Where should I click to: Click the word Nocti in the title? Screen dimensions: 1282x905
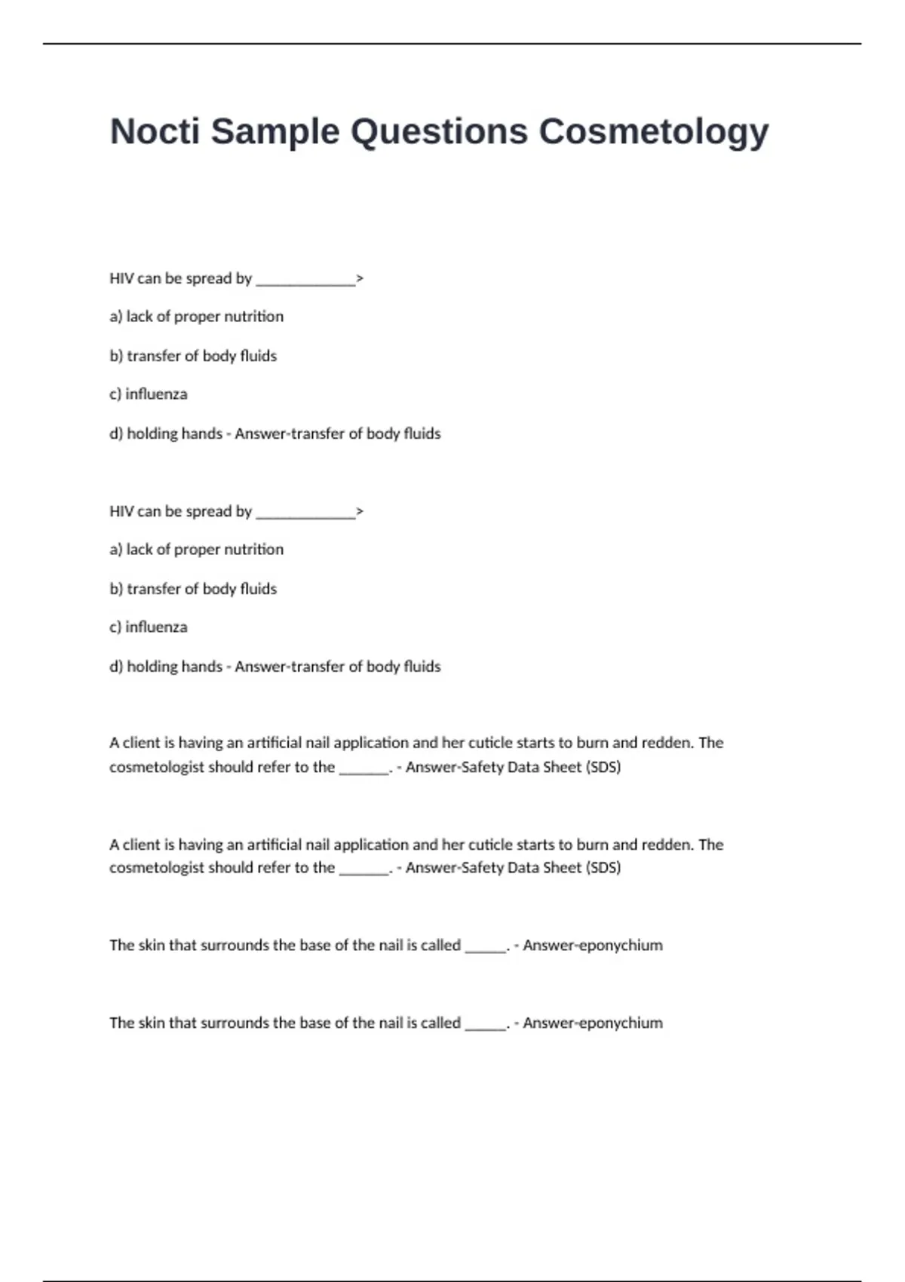click(155, 131)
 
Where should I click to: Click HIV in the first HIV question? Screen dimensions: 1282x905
click(121, 278)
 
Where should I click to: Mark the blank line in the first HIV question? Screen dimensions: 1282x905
click(305, 282)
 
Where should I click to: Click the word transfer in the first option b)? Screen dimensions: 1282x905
click(154, 356)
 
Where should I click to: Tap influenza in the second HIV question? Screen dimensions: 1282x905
click(156, 627)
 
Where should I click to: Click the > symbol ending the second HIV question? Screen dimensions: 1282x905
click(360, 511)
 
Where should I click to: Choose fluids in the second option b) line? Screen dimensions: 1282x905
click(258, 589)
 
